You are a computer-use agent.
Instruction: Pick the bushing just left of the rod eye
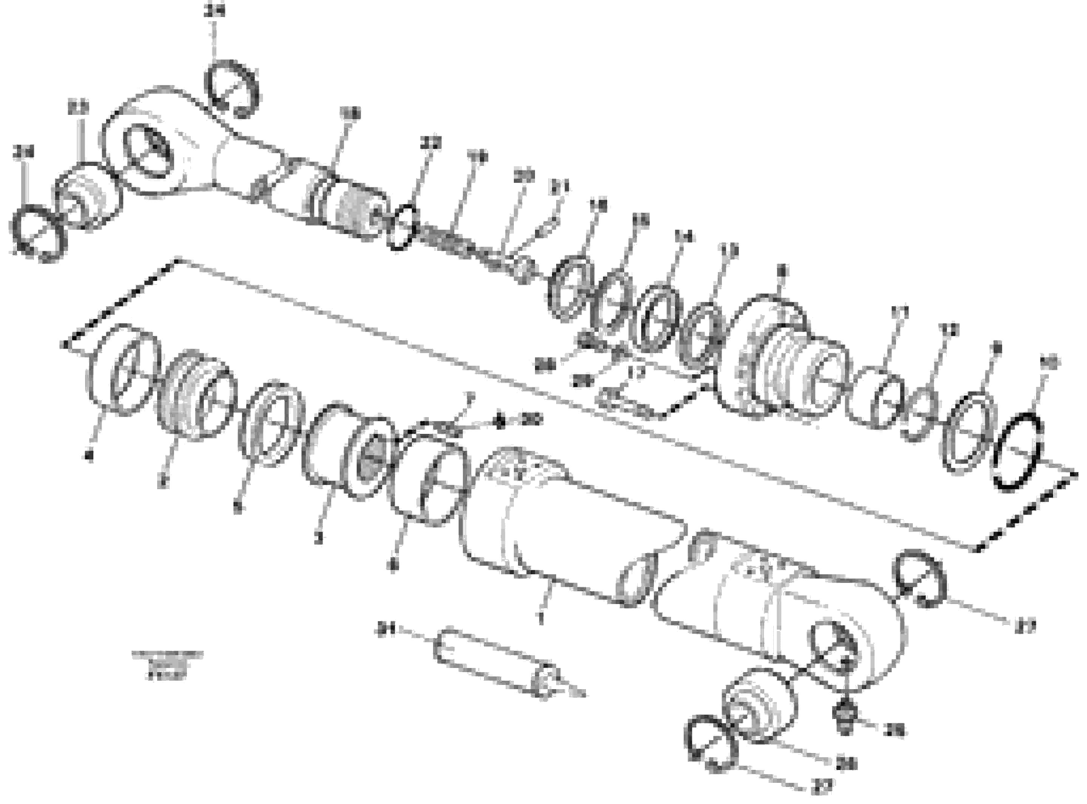[x=88, y=196]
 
